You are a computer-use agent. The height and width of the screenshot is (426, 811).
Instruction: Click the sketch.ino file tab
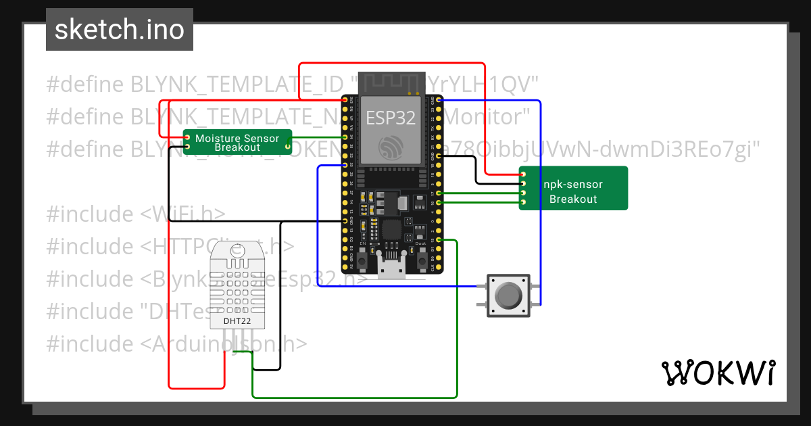point(119,30)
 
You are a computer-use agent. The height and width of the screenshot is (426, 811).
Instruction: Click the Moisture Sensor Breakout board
point(237,142)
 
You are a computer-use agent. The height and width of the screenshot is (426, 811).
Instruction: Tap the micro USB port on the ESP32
point(391,268)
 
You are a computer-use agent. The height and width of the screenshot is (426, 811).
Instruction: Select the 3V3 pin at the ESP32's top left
point(345,100)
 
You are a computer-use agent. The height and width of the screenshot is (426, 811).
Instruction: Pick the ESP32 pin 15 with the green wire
point(439,240)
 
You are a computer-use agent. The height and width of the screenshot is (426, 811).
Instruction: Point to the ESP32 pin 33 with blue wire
point(345,165)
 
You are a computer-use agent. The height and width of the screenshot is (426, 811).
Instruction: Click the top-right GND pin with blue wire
point(439,100)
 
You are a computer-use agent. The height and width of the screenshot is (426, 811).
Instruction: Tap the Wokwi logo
point(717,373)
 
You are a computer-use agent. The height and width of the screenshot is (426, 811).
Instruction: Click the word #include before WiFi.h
point(90,214)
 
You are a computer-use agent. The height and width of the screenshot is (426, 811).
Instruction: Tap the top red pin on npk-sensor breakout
point(523,174)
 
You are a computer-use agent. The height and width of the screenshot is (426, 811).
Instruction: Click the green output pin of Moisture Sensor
point(287,137)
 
